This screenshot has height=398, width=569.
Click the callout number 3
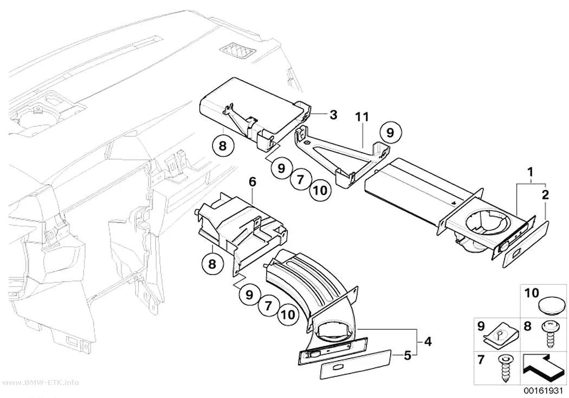click(333, 115)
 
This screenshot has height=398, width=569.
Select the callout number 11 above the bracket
click(362, 117)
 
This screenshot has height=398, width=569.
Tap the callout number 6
click(253, 181)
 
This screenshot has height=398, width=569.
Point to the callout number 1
click(531, 172)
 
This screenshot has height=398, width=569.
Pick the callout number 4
click(428, 341)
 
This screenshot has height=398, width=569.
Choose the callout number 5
click(408, 356)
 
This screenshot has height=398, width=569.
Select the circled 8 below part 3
click(223, 146)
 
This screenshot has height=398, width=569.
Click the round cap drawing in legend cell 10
click(552, 304)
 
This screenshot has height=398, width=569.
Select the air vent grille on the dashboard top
click(238, 51)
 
